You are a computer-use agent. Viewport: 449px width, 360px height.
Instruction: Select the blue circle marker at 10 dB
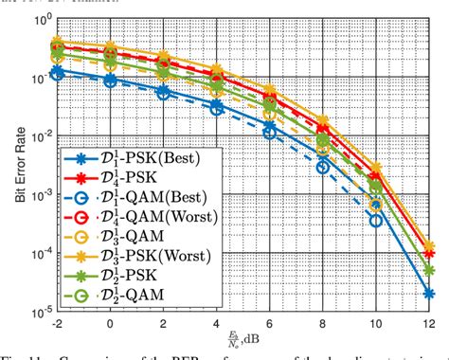coord(375,221)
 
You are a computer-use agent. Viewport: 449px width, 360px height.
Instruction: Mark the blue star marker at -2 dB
coord(57,71)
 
